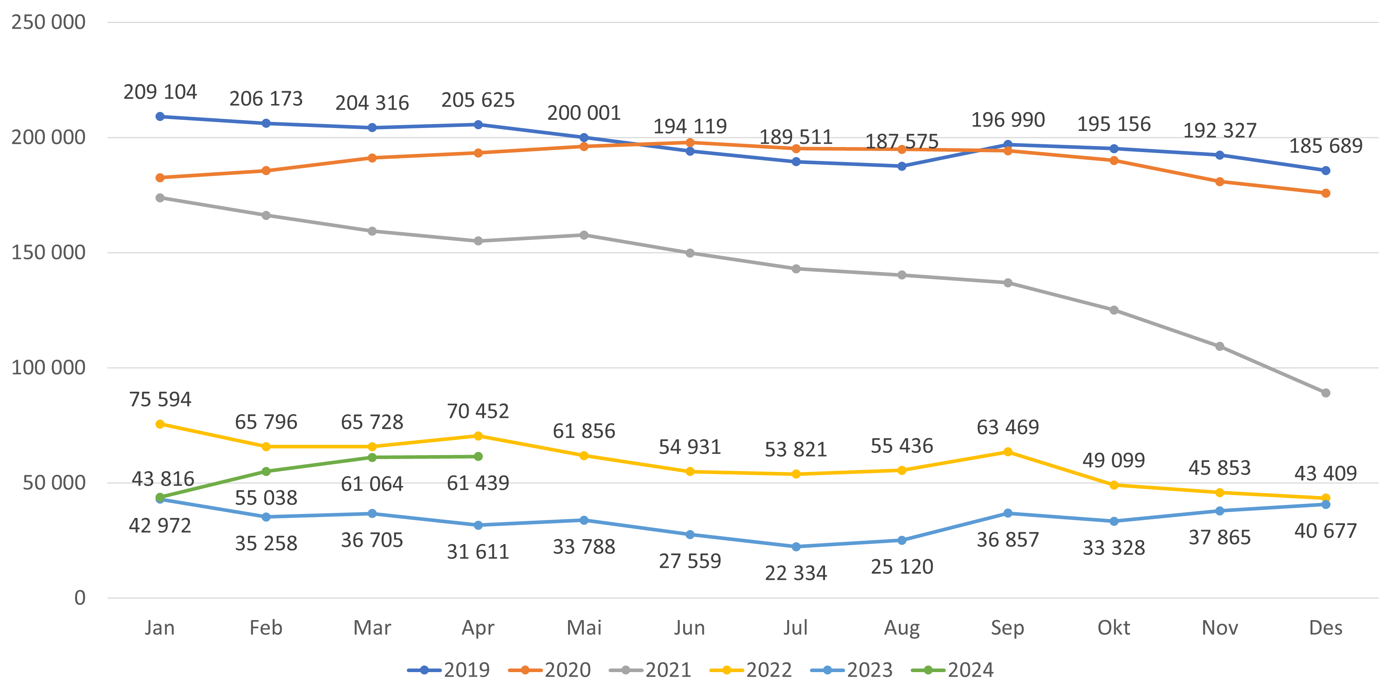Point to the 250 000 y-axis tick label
coord(48,22)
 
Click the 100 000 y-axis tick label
coord(48,367)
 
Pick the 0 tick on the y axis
coord(80,598)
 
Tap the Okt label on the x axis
coord(1114,628)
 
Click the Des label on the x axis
coord(1325,628)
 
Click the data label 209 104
coord(160,92)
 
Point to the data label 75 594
coord(160,400)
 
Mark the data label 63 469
coord(1008,428)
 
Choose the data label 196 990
coord(1008,120)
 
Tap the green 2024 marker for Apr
coord(478,457)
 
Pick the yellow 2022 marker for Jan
coord(160,424)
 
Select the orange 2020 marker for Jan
coord(160,178)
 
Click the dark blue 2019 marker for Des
coord(1325,170)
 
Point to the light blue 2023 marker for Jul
coord(796,547)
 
